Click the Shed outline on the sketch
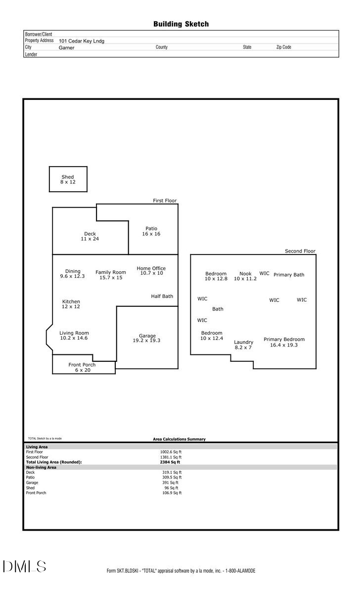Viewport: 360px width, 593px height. pyautogui.click(x=68, y=179)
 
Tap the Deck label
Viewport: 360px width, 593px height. pyautogui.click(x=90, y=236)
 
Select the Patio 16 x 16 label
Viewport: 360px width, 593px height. pyautogui.click(x=151, y=231)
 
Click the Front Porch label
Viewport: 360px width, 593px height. pyautogui.click(x=82, y=367)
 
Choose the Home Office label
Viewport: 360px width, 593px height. pyautogui.click(x=151, y=271)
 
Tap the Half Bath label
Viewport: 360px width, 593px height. pyautogui.click(x=162, y=296)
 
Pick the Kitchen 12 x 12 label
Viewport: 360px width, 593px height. pyautogui.click(x=71, y=304)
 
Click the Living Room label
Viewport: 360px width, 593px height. pyautogui.click(x=74, y=336)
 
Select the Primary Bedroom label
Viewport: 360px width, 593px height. pyautogui.click(x=284, y=342)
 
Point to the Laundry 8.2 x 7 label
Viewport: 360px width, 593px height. pyautogui.click(x=243, y=344)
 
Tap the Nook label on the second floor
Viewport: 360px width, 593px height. pyautogui.click(x=245, y=276)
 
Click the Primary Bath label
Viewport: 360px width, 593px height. pyautogui.click(x=289, y=275)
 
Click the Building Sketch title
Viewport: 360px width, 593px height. pyautogui.click(x=181, y=24)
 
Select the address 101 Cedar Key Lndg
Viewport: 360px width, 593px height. pyautogui.click(x=82, y=42)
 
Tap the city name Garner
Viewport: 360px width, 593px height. pyautogui.click(x=66, y=48)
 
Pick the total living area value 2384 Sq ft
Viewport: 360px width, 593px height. pyautogui.click(x=170, y=462)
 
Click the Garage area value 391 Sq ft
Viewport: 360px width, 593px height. pyautogui.click(x=170, y=483)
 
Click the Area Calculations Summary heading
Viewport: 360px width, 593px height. pyautogui.click(x=179, y=439)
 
